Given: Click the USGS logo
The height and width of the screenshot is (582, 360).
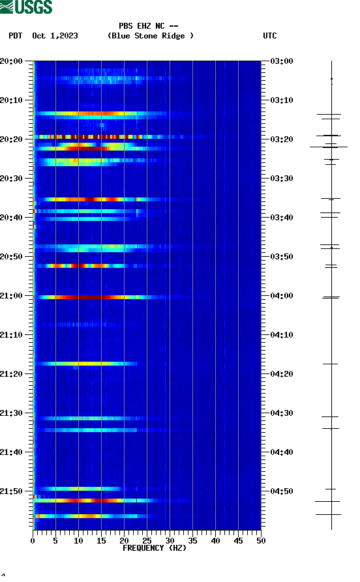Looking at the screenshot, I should [26, 7].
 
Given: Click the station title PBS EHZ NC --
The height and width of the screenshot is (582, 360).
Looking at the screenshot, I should [149, 26].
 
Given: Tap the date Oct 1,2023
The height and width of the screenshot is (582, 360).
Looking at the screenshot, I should [55, 36].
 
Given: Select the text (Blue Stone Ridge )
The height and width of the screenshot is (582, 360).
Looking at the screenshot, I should [151, 36].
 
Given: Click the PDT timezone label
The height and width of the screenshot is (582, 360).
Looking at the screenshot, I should [16, 36].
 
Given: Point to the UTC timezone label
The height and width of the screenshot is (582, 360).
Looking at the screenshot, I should [270, 36].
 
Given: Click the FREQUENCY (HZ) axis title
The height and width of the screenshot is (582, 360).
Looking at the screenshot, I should [155, 548].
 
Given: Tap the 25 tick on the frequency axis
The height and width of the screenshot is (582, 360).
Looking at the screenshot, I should [147, 540].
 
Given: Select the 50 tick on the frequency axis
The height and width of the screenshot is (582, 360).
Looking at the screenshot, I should [261, 540].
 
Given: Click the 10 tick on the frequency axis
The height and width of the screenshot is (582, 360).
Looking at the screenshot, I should [78, 540].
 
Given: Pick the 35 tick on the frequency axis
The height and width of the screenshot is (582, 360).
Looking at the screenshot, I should [192, 540].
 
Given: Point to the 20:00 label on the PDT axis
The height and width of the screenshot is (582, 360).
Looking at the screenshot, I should [12, 61].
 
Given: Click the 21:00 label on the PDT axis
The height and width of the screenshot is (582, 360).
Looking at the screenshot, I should [12, 296].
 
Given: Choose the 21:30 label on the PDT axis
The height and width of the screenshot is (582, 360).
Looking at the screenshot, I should [12, 413].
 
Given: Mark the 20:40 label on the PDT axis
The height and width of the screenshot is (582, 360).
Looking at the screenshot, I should [12, 218].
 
